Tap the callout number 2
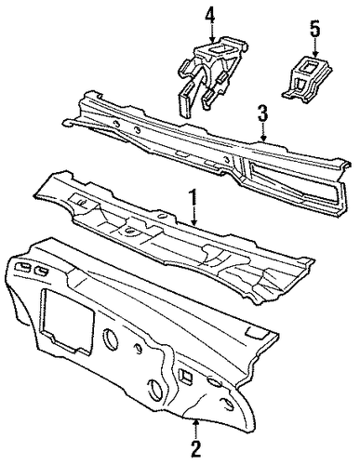196,449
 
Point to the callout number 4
209,15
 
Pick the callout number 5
314,30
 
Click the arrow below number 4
212,33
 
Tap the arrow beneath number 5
316,48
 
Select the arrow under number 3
263,133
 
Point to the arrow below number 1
193,217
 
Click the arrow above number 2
195,429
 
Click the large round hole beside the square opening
110,338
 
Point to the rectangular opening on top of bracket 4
219,48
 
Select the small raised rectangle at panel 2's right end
255,332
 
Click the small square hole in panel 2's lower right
186,376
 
